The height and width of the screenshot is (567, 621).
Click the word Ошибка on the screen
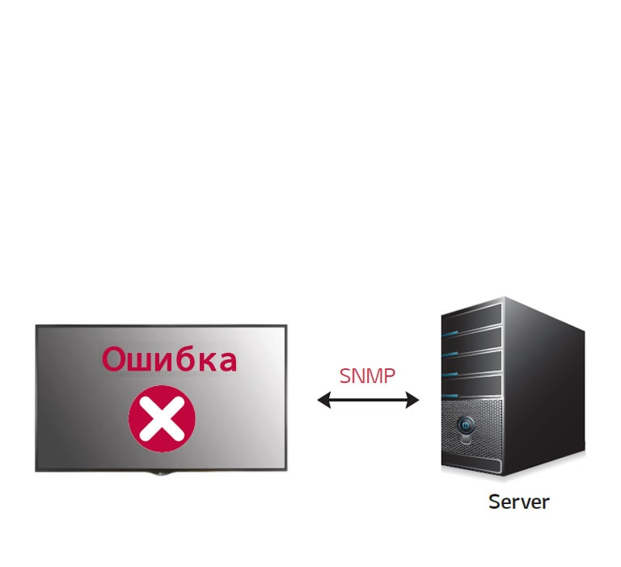click(170, 359)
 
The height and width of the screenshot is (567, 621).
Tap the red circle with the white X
click(162, 418)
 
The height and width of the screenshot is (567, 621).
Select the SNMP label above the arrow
click(367, 376)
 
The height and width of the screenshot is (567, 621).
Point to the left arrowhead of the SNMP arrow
click(323, 400)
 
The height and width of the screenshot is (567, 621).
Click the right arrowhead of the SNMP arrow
click(412, 400)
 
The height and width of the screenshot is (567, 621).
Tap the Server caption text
click(519, 502)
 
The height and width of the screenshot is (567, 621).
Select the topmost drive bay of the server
click(471, 317)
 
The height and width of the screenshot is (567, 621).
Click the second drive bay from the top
click(471, 340)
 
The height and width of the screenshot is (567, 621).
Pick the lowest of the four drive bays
click(471, 386)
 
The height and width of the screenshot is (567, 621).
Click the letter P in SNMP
click(390, 376)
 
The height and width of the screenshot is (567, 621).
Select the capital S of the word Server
click(494, 502)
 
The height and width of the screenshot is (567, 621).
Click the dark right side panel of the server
click(544, 388)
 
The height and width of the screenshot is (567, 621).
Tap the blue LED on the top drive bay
click(450, 333)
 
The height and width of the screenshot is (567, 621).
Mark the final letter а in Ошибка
click(228, 362)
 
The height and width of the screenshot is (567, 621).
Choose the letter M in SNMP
click(374, 376)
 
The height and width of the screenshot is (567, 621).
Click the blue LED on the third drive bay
click(450, 374)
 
